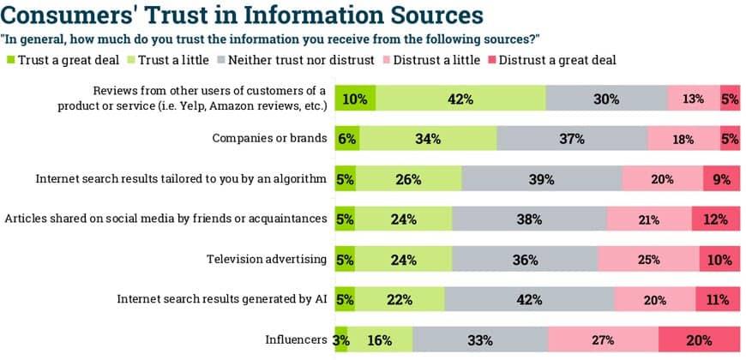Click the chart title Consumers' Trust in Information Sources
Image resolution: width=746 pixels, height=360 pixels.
244,15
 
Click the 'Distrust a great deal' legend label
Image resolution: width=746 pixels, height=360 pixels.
556,60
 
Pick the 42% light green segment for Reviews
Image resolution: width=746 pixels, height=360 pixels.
460,99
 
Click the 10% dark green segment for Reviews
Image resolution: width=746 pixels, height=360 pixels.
354,99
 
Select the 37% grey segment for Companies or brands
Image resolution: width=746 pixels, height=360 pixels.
572,139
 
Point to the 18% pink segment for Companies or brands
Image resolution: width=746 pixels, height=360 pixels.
683,139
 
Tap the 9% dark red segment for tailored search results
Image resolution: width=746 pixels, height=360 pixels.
721,178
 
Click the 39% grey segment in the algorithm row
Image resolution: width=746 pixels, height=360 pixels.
542,178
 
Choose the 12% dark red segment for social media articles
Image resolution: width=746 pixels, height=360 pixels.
716,219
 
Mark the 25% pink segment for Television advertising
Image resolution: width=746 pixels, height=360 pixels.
648,259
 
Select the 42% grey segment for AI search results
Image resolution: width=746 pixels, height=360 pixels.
529,299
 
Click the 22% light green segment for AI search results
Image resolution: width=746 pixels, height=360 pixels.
400,299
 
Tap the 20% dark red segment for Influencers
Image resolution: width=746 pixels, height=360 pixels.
699,339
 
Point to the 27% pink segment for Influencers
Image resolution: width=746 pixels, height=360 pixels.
603,339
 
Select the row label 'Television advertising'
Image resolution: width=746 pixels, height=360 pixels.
267,259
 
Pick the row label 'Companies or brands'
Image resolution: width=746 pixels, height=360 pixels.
270,139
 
